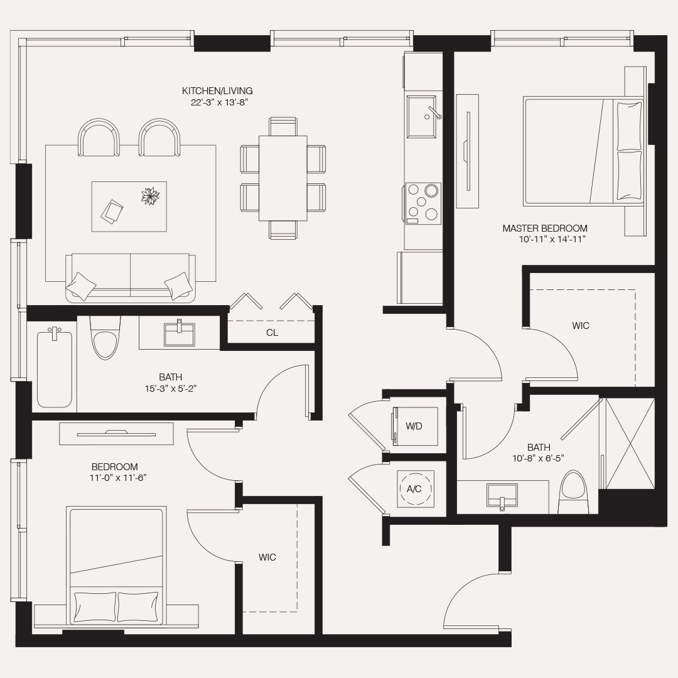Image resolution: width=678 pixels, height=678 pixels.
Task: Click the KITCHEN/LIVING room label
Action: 217,91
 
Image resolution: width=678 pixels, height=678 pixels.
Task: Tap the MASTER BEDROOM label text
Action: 545,229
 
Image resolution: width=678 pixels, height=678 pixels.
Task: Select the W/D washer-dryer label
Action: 414,426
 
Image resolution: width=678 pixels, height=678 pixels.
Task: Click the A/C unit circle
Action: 414,488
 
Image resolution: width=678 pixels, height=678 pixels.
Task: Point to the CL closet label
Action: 272,333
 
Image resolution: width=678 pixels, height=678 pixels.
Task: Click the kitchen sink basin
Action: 422,116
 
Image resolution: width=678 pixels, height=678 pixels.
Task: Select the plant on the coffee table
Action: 151,196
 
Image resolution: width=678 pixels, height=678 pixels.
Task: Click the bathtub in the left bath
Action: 55,369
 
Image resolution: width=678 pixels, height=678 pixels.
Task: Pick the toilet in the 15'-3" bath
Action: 104,342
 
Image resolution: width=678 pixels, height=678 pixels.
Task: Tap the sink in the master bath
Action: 502,494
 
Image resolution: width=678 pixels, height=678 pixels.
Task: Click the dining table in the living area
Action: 282,178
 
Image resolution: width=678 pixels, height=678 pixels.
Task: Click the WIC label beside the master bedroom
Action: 581,326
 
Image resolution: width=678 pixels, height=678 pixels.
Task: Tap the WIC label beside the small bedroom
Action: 267,557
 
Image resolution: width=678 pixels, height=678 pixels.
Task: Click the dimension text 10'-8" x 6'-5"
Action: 539,458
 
